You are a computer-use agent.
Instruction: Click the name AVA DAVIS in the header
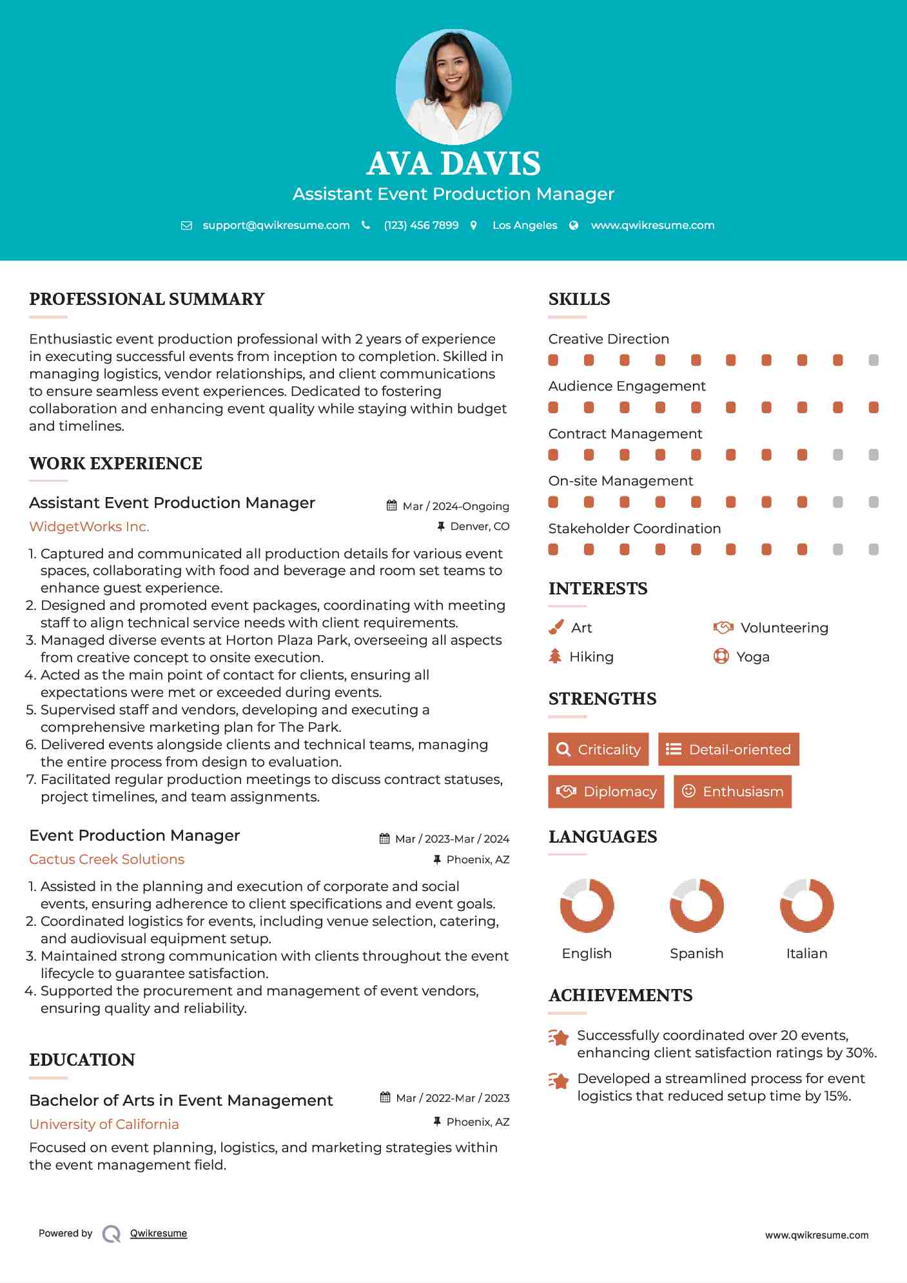tap(453, 164)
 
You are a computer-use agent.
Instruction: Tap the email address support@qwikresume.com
tap(276, 225)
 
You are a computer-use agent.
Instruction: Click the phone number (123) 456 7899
tap(421, 225)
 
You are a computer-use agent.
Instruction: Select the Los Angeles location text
tap(525, 225)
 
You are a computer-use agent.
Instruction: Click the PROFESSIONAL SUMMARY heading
tap(147, 299)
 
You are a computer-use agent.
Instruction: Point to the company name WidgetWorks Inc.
tap(89, 527)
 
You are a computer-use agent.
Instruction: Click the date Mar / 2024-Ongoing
tap(455, 506)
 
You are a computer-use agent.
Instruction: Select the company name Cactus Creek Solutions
tap(106, 859)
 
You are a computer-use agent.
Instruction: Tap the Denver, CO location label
tap(479, 527)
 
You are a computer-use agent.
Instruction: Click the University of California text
tap(104, 1124)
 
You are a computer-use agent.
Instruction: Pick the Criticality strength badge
tap(598, 749)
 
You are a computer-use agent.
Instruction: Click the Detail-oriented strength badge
tap(728, 749)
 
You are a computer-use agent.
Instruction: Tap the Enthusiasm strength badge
tap(732, 791)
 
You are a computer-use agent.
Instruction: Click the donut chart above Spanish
tap(696, 905)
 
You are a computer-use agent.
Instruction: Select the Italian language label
tap(806, 954)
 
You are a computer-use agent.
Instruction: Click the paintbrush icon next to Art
tap(556, 627)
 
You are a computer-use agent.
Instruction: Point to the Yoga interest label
tap(752, 657)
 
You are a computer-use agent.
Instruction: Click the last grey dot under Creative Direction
tap(873, 360)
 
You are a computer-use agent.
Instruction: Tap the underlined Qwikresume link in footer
tap(159, 1233)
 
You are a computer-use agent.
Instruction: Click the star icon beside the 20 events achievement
tap(558, 1037)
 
